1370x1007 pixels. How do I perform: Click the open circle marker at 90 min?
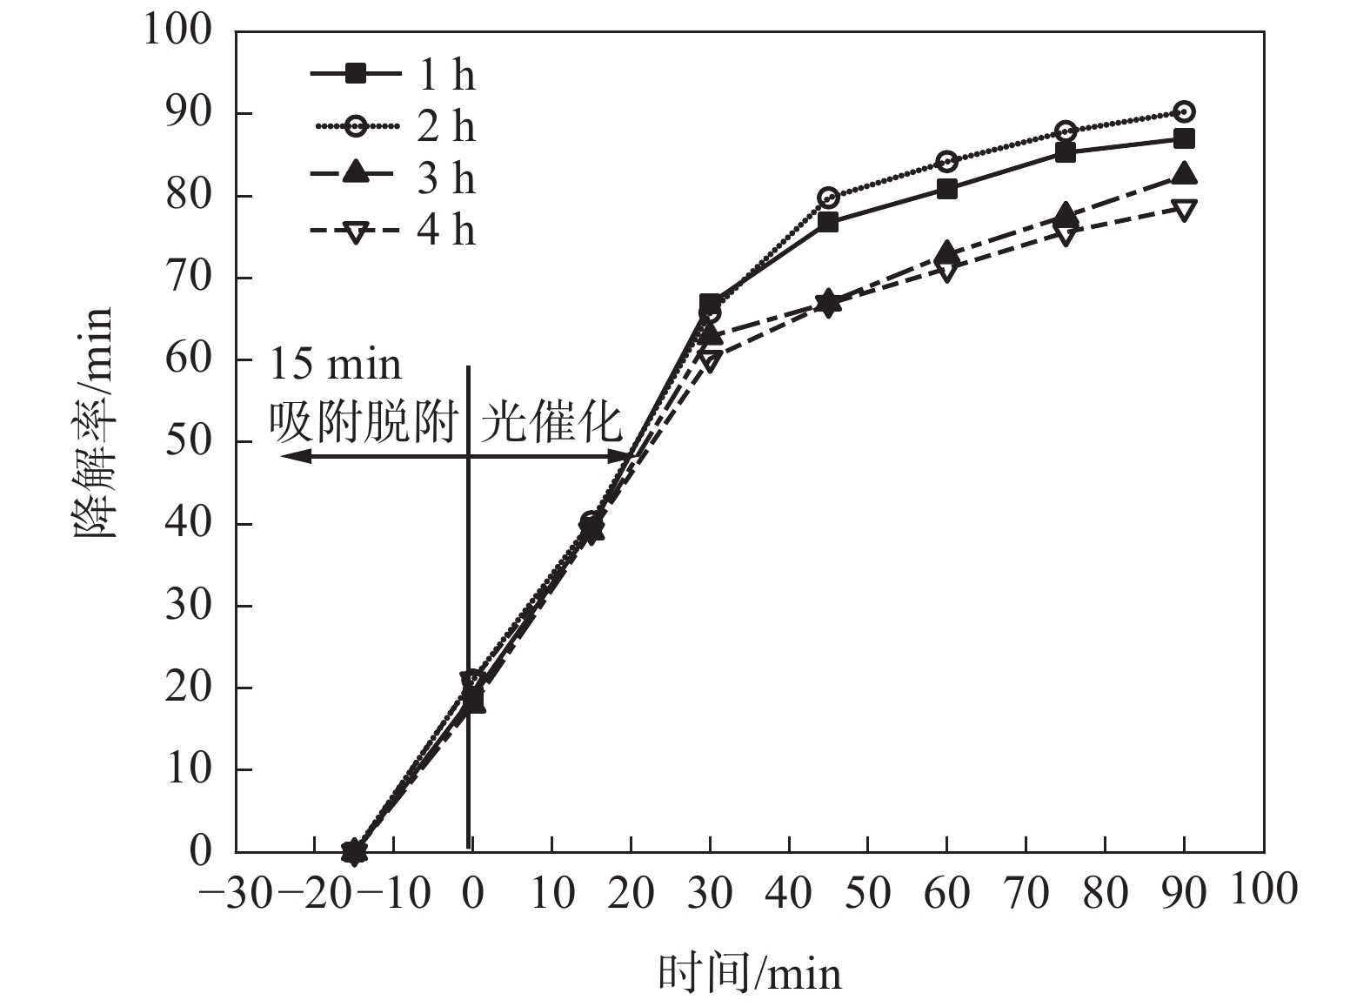coord(1184,111)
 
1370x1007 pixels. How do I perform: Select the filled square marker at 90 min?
coord(1184,138)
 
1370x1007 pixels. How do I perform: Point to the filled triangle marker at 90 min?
coord(1184,174)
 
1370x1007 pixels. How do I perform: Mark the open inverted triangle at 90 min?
coord(1184,210)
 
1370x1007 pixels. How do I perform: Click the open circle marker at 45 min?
coord(828,197)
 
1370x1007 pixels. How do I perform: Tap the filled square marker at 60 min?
coord(947,189)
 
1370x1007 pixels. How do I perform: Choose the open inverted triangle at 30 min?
coord(710,359)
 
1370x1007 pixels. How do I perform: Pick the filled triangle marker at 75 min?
coord(1066,214)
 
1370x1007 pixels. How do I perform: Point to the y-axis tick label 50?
coord(189,441)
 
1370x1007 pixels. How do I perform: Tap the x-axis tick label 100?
coord(1264,890)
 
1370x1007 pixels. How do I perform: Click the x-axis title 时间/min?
coord(750,973)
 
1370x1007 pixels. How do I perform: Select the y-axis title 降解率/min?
coord(93,422)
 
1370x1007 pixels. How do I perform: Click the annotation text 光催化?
coord(552,423)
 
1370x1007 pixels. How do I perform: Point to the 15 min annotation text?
coord(336,364)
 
